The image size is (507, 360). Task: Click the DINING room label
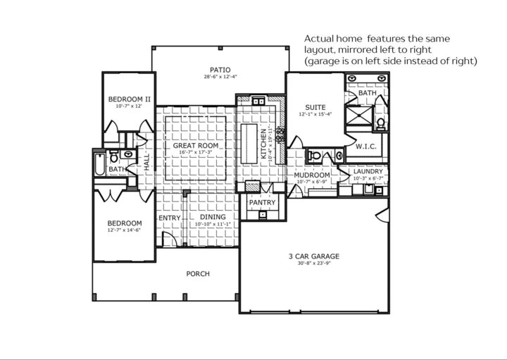point(213,217)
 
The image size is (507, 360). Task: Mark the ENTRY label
point(170,218)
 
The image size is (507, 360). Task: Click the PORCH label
point(198,273)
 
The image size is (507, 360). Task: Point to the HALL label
point(147,163)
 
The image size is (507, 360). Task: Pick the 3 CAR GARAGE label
point(314,256)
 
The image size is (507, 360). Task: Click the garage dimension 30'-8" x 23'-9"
point(314,263)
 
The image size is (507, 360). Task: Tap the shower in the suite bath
point(360,117)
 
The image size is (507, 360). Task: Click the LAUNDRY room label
point(368,171)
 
